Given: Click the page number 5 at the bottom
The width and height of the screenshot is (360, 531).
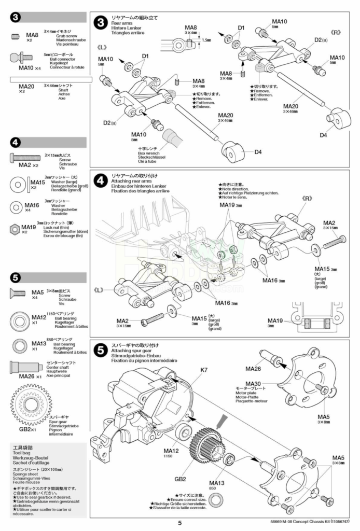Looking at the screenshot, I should coord(179,523).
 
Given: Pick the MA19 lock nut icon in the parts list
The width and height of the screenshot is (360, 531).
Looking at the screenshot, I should coord(16,228).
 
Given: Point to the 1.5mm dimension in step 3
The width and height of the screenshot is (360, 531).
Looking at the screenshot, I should coord(206,39).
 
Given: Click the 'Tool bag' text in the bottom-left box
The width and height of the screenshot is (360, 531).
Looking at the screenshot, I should coord(22,452).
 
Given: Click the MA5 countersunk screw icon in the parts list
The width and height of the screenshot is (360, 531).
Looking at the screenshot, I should coord(17,294).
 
